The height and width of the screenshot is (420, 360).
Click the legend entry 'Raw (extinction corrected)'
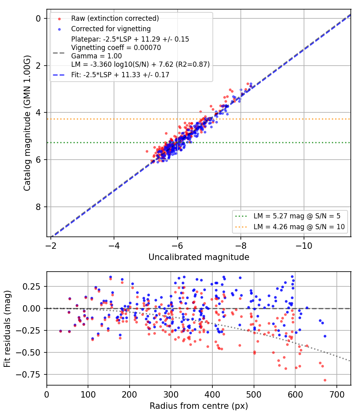[115, 18]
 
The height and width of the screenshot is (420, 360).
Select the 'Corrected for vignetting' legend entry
[111, 29]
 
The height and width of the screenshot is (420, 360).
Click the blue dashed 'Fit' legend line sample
[59, 75]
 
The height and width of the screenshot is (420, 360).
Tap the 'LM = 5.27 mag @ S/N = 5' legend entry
[297, 216]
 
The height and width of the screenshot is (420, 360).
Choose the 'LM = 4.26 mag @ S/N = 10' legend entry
[299, 227]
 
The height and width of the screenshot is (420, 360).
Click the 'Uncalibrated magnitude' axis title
[199, 257]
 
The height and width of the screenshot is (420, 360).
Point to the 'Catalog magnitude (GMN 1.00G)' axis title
[27, 123]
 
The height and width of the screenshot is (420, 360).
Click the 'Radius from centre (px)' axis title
[199, 406]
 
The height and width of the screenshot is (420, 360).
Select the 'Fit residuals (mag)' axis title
[7, 329]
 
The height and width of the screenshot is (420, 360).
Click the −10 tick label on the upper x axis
[304, 246]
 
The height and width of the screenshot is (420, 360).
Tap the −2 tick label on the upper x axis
[51, 246]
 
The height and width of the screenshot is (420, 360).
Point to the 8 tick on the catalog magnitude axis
[38, 207]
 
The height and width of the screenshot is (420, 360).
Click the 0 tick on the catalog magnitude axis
[38, 18]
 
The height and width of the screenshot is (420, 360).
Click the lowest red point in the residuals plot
[325, 380]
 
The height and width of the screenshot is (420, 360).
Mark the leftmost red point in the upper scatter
[147, 151]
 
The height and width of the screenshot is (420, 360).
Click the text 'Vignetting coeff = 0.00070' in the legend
[116, 48]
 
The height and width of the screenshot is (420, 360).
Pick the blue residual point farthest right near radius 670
[325, 336]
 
